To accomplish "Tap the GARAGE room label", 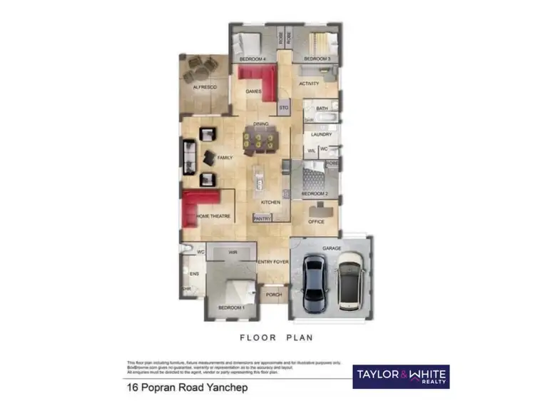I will pos(332,248).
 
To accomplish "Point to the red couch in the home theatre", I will pos(200,208).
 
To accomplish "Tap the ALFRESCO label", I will pos(204,87).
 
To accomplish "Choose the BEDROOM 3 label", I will pos(317,58).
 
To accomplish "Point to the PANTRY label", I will pos(262,219).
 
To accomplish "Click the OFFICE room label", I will pos(316,222).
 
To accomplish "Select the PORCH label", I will pos(274,295).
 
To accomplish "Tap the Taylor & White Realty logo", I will pos(401,376).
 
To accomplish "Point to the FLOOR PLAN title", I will pos(277,337).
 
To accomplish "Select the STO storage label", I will pos(283,108).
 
